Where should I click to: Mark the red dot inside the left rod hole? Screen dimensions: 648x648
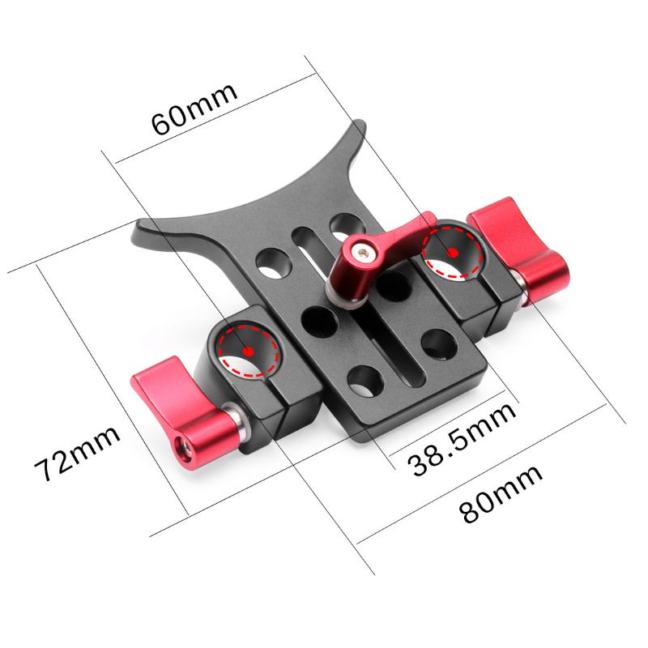coord(248,351)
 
